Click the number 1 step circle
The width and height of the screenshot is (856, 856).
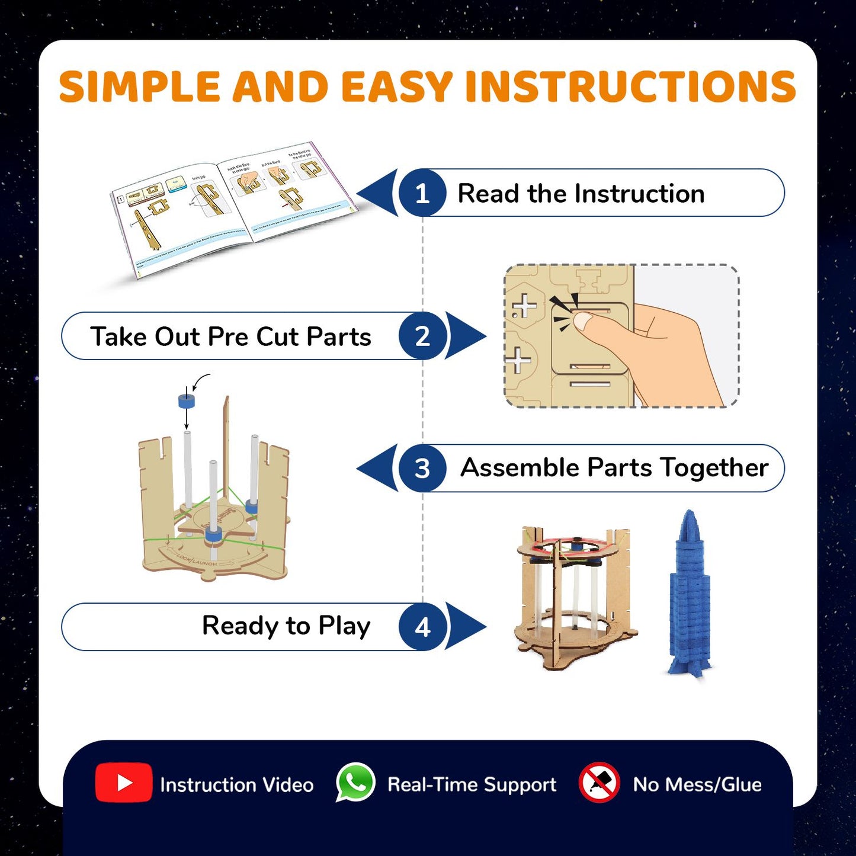point(422,193)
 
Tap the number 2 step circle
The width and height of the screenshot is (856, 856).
point(422,336)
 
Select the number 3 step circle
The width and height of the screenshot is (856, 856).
point(422,469)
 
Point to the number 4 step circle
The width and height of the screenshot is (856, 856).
point(422,627)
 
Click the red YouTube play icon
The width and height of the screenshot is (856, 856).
point(123,783)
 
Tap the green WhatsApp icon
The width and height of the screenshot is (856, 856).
point(355,783)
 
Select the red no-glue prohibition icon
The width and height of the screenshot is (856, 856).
point(599,783)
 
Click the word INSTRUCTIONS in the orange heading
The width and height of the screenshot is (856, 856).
point(630,86)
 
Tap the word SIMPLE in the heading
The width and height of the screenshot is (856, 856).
point(140,86)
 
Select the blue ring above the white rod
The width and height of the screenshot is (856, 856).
point(187,401)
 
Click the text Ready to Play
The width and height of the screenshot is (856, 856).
point(286,626)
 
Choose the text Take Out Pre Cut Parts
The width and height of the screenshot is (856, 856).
point(230,336)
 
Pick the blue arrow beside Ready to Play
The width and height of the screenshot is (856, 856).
point(466,627)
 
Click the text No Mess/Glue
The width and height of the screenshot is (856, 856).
point(697,784)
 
